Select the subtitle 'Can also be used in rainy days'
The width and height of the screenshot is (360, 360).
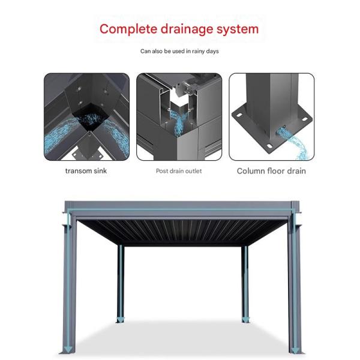pyautogui.click(x=179, y=52)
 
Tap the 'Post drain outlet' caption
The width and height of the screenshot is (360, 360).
pyautogui.click(x=179, y=171)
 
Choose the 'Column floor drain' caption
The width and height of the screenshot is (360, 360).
pyautogui.click(x=271, y=171)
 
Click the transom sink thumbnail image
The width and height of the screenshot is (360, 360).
pyautogui.click(x=86, y=116)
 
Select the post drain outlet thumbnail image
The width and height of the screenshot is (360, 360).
pyautogui.click(x=179, y=116)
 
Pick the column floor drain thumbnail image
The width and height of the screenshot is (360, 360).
pyautogui.click(x=271, y=116)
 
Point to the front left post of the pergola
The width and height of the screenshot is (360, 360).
pyautogui.click(x=69, y=282)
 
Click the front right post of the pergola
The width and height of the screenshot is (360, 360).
pyautogui.click(x=294, y=282)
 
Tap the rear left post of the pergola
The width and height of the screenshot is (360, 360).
pyautogui.click(x=121, y=282)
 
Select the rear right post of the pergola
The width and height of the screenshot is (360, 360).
pyautogui.click(x=245, y=282)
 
